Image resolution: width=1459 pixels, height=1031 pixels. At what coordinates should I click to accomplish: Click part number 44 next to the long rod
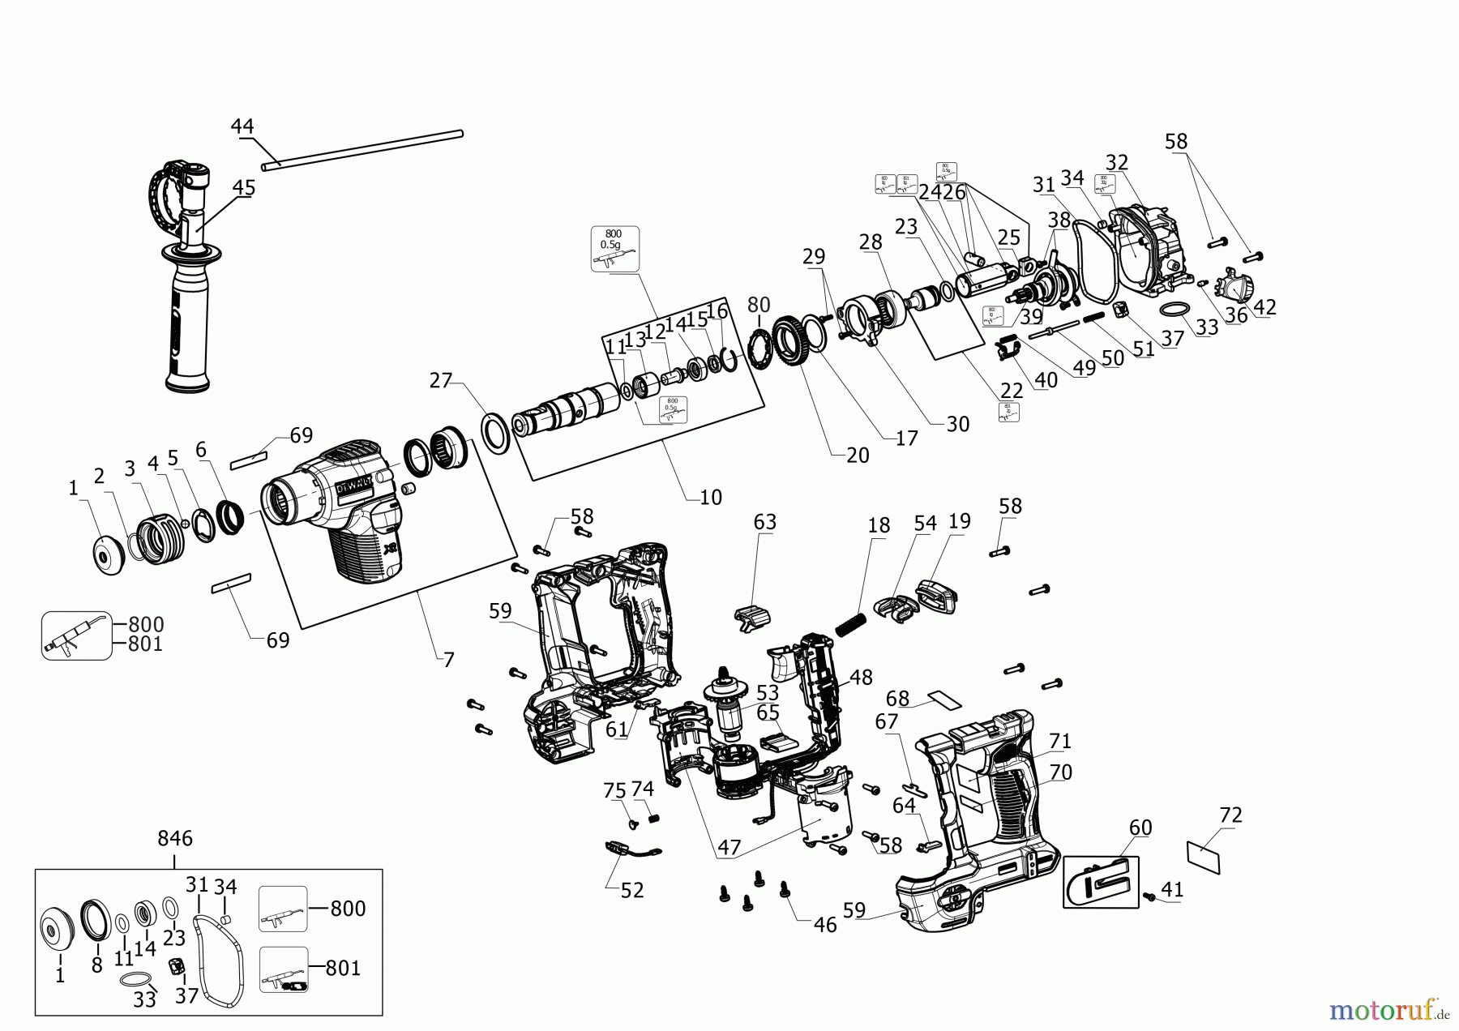click(242, 126)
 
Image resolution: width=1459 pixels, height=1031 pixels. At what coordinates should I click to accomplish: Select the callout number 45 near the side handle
click(243, 188)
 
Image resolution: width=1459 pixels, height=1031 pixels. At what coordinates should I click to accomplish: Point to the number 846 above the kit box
click(175, 839)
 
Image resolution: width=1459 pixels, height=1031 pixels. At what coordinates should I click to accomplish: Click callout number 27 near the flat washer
click(440, 380)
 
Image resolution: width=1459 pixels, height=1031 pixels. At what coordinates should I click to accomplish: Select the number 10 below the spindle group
click(710, 497)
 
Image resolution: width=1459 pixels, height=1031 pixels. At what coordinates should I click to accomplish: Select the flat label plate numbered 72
click(1203, 856)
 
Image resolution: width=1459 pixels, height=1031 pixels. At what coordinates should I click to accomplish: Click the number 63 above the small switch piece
click(764, 522)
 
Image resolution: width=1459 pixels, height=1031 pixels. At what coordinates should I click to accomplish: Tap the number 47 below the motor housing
click(729, 848)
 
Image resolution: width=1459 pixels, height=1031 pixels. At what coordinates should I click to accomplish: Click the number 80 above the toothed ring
click(759, 306)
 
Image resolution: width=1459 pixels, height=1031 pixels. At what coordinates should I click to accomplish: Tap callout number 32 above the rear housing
click(1117, 162)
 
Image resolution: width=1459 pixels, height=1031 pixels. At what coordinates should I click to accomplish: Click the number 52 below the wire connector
click(631, 890)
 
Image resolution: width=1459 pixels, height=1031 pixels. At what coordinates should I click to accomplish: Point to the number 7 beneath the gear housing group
click(448, 660)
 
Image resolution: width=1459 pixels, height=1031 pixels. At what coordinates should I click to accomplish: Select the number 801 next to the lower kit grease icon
click(343, 968)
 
